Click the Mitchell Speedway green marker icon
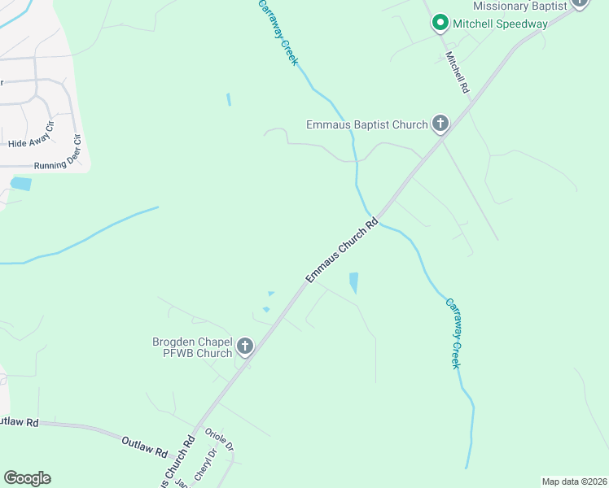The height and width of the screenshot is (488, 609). pos(440,23)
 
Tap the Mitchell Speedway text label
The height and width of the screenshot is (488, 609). pos(501,24)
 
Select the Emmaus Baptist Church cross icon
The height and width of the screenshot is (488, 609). pos(440,124)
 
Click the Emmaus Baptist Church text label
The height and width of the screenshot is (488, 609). pos(366,124)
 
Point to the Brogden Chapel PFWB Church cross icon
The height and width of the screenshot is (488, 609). pos(244,347)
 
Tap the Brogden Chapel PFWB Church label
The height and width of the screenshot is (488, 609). pos(192,347)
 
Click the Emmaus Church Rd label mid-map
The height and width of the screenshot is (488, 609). pos(343,251)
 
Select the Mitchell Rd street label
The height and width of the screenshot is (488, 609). pos(458,72)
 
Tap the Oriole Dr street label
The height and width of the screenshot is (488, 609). pos(220,440)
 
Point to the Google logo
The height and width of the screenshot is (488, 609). pos(27,478)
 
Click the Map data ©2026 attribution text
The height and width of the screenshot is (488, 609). pos(574,481)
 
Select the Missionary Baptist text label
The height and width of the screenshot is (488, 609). pos(519,5)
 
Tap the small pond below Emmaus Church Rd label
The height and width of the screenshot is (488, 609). pos(353,282)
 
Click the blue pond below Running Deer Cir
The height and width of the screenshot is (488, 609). pos(20,184)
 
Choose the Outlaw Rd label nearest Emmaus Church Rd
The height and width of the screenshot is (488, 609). pos(144,446)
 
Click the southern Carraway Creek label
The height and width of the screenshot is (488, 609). pos(453,333)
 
